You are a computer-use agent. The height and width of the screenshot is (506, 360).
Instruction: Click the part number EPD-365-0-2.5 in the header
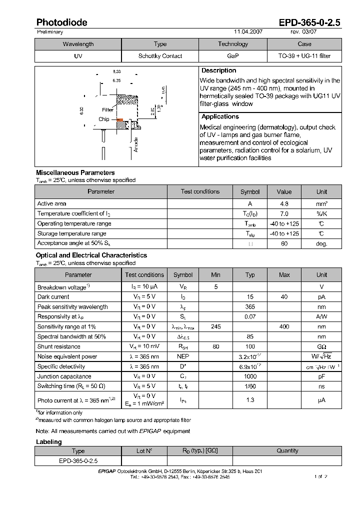(x=309, y=22)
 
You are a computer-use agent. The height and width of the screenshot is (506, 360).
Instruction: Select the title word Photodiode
(x=61, y=22)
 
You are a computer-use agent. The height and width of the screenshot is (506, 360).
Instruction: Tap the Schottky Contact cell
(x=160, y=56)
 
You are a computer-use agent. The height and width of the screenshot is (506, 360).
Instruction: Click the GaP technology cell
(x=232, y=56)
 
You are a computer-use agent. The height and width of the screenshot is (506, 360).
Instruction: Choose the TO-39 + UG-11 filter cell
(x=304, y=56)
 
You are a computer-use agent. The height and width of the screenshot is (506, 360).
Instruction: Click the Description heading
(x=218, y=70)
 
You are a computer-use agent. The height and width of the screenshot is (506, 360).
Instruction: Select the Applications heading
(x=220, y=116)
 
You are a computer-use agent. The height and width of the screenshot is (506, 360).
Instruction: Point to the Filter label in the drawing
(x=107, y=109)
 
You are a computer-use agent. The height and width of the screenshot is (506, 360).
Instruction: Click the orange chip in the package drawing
(x=120, y=120)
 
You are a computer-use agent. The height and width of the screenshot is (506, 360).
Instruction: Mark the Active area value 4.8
(x=284, y=203)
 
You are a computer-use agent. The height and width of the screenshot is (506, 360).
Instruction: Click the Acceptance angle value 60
(x=284, y=243)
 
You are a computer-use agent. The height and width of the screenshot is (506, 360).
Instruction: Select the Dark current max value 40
(x=284, y=296)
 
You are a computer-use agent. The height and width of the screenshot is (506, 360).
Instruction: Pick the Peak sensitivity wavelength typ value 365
(x=250, y=306)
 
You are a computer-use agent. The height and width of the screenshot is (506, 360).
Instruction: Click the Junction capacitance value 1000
(x=250, y=376)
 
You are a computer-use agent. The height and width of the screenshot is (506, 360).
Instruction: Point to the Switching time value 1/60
(x=250, y=386)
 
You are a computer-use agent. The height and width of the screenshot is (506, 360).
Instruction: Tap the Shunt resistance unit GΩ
(x=321, y=346)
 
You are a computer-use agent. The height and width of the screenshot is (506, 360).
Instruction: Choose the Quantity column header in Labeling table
(x=287, y=450)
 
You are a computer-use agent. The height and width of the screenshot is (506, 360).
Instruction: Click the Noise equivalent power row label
(x=67, y=356)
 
